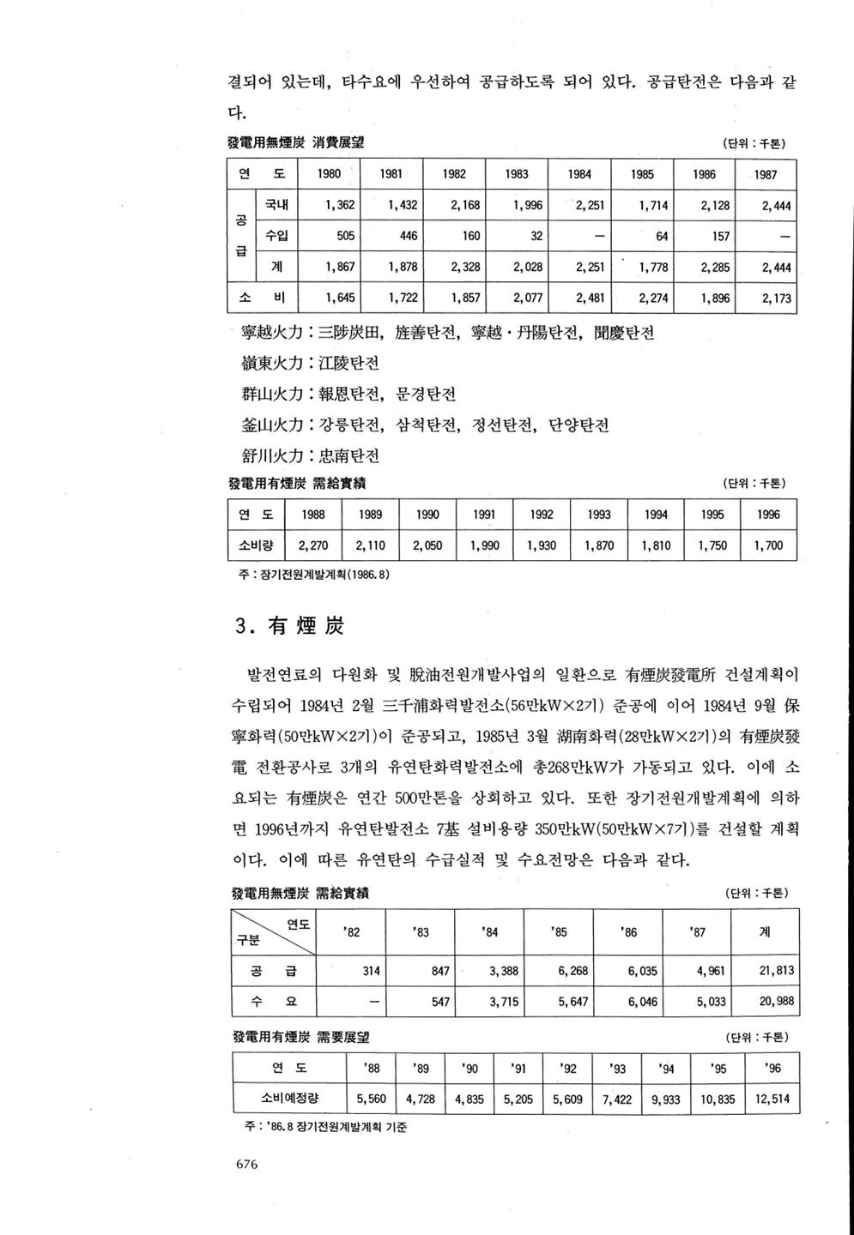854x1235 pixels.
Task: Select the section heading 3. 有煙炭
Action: point(289,627)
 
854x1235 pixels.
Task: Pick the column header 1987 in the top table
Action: point(766,174)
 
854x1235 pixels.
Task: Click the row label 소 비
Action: point(261,299)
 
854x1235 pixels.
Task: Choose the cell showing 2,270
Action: point(313,545)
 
